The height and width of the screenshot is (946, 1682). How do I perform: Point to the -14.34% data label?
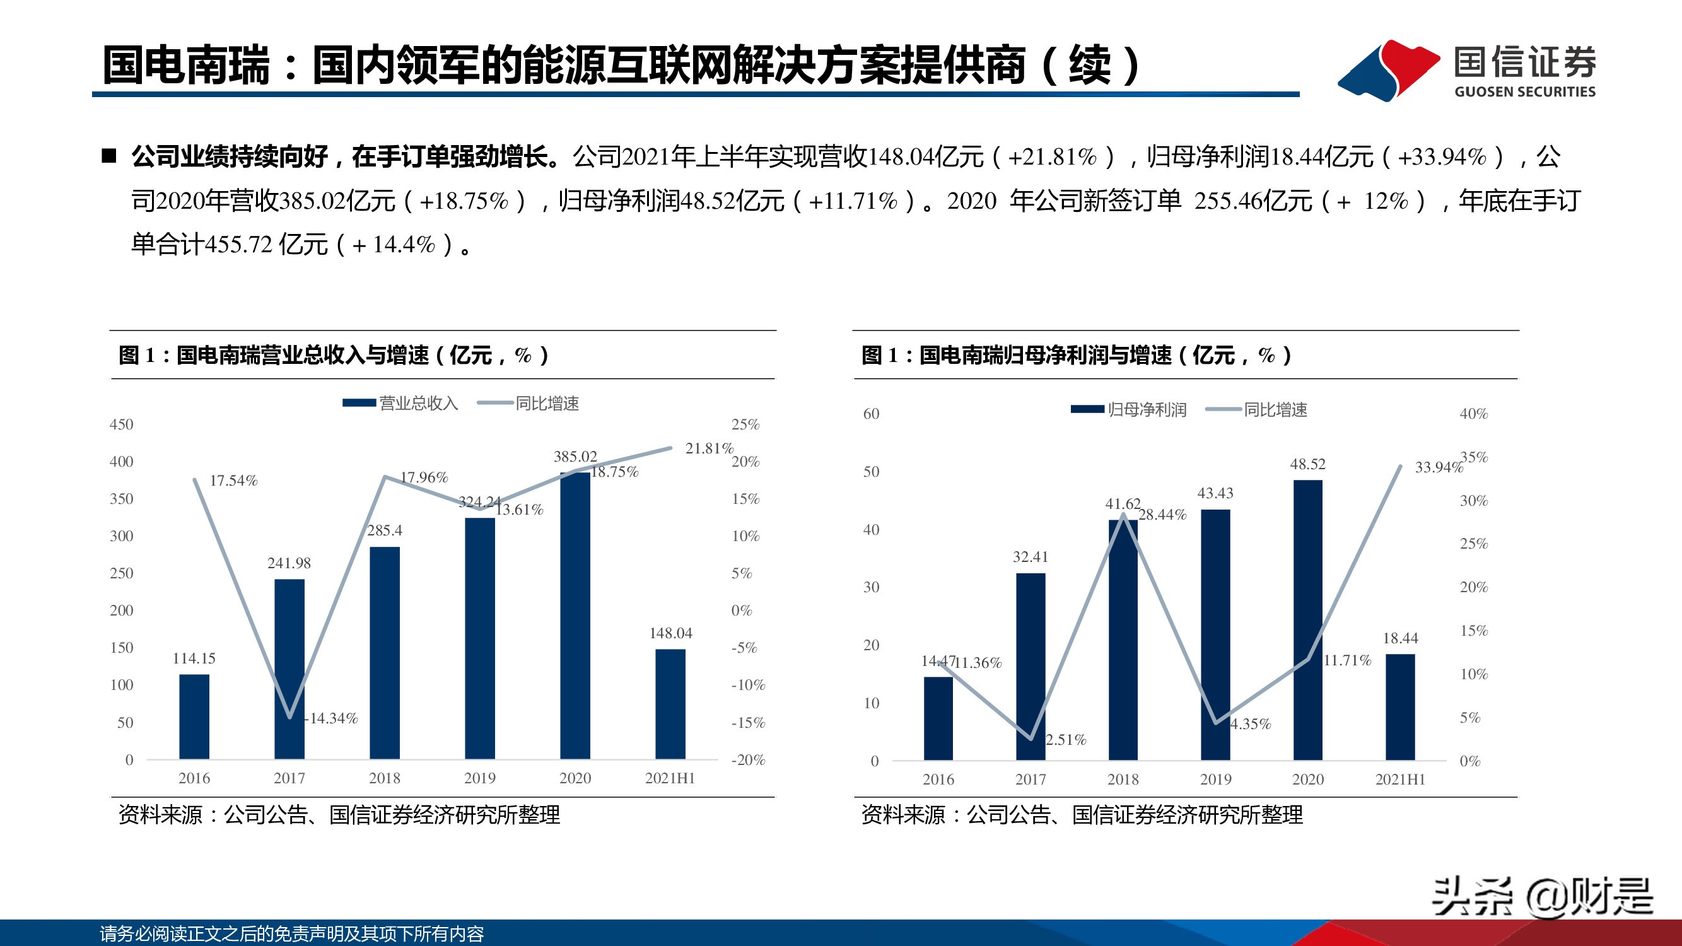point(332,718)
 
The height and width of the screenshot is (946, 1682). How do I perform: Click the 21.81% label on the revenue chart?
point(709,448)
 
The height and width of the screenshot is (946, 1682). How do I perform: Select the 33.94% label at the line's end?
point(1438,467)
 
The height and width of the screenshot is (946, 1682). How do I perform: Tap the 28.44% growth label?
point(1162,515)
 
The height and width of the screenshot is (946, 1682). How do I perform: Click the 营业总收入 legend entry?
point(418,404)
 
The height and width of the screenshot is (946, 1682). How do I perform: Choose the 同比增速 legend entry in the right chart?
point(1275,410)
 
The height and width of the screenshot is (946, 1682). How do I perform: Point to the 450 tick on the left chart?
point(122,424)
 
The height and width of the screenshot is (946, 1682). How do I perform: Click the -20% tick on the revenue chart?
point(747,760)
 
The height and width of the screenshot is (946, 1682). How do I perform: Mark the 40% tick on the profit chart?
point(1473,414)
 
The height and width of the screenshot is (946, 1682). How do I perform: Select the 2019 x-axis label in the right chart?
point(1215,779)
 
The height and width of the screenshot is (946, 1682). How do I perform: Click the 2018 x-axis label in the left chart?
point(384,778)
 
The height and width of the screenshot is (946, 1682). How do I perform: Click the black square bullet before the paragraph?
point(109,156)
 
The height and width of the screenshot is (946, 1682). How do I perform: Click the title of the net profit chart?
point(1075,355)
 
